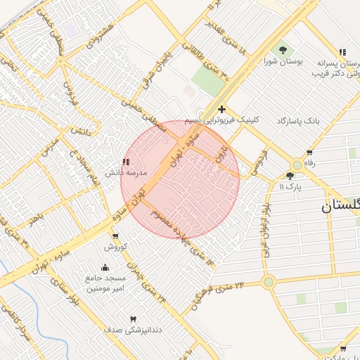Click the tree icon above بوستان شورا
[283, 50]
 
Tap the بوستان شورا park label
[283, 61]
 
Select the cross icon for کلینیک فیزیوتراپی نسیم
[222, 109]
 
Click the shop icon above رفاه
[309, 153]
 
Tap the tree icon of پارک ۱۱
[290, 176]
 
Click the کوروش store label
[115, 247]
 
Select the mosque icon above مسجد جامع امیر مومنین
[105, 267]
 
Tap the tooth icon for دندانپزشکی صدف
[133, 319]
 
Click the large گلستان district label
[340, 206]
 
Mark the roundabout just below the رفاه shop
[297, 166]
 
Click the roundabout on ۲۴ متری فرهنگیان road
[268, 282]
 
